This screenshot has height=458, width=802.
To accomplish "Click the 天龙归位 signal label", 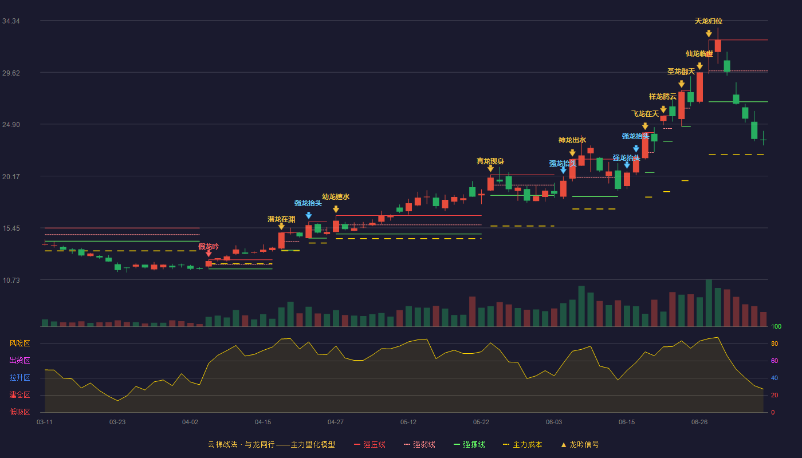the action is (x=708, y=21).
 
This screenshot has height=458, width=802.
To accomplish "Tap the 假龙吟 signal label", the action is (x=209, y=247).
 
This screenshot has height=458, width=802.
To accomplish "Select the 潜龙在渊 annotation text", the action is (x=281, y=219).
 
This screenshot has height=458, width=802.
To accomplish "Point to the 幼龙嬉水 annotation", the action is (x=336, y=197).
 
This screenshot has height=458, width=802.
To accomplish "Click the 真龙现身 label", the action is (x=490, y=161).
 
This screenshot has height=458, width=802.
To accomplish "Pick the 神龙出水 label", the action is (x=572, y=140).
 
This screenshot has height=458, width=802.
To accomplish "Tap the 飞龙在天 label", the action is (x=645, y=114).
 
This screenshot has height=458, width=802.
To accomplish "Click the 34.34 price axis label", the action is (x=11, y=21).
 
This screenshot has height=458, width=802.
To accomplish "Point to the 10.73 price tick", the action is (x=11, y=280).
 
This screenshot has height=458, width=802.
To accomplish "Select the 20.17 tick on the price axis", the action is (x=11, y=177).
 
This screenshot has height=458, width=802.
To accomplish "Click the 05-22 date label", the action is (x=481, y=423).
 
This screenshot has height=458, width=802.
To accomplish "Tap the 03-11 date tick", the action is (x=45, y=423).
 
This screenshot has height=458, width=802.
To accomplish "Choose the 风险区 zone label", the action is (x=19, y=343).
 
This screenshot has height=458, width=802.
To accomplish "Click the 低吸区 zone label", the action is (x=19, y=412).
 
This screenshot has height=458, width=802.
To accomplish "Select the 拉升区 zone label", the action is (x=19, y=378).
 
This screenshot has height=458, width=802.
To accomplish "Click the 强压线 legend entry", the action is (x=369, y=445).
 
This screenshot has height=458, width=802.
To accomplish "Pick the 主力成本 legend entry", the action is (x=522, y=445).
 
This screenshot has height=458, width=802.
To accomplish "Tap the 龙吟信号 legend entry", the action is (x=580, y=445).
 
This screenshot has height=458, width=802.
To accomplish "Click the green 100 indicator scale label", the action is (x=776, y=327).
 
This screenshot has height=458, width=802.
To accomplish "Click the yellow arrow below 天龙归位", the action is (x=709, y=34).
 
